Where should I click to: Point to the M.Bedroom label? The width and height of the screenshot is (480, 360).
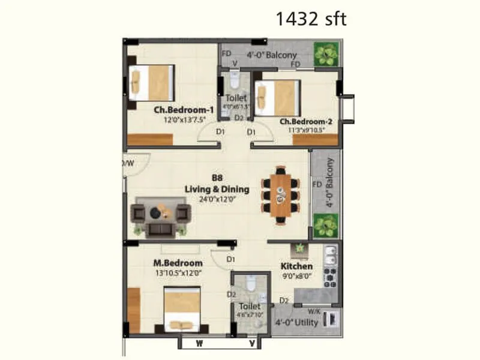177,263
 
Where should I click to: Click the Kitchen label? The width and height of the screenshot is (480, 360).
297,266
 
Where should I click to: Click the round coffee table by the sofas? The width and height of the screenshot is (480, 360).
156,212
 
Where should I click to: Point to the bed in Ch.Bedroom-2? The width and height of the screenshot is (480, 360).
277,97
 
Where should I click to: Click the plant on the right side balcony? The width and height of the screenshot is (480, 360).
325,226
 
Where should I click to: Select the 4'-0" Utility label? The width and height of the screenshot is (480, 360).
296,322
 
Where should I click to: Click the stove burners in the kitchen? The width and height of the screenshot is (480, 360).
330,275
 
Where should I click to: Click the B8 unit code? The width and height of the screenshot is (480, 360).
217,178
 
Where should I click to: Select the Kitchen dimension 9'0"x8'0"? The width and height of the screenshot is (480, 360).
297,276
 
